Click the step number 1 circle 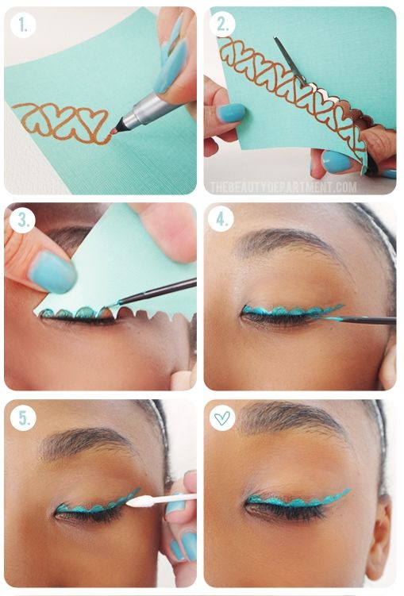pos(23,25)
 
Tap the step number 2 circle pos(223,24)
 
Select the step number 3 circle pos(22,220)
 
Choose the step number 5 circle pos(23,417)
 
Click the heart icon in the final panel pos(222,418)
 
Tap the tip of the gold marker pos(114,132)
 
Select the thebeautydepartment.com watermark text pos(283,187)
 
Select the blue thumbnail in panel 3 pos(53,271)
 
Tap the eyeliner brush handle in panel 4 pos(367,321)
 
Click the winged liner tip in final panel pos(349,490)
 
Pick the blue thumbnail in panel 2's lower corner pos(337,161)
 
